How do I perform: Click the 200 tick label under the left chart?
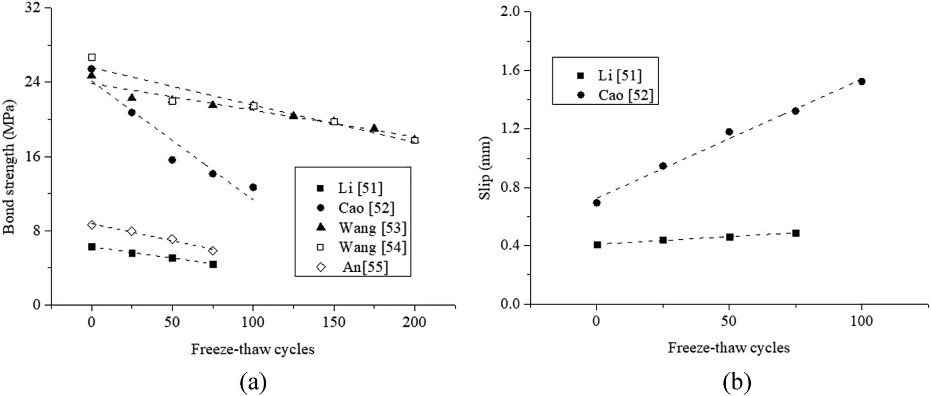(415, 322)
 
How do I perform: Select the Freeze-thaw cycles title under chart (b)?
(729, 348)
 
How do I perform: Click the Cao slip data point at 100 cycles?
(862, 81)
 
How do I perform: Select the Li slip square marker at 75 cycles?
(796, 233)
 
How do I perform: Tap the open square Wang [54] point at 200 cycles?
(415, 140)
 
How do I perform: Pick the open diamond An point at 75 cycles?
(213, 251)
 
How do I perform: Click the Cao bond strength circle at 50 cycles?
(172, 160)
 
